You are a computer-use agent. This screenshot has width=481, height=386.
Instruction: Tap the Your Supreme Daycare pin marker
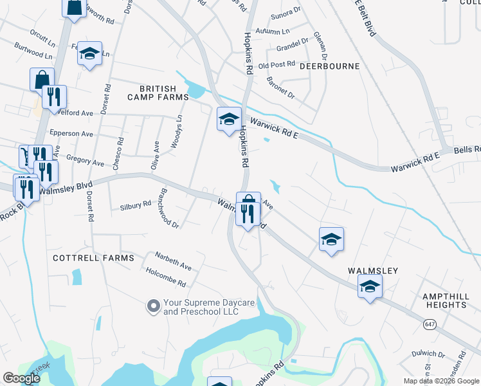(x=153, y=306)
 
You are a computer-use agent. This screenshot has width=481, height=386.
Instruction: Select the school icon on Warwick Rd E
(x=228, y=119)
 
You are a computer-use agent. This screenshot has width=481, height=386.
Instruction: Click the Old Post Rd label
(x=276, y=65)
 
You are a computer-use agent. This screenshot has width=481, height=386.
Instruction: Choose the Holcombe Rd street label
(x=166, y=278)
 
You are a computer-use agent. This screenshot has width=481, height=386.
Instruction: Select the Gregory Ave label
(x=85, y=161)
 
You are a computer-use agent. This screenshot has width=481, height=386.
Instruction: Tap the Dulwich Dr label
(x=428, y=354)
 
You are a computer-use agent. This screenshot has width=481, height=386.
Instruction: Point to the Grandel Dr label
(x=292, y=47)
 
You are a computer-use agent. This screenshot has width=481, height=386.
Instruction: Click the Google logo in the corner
(x=22, y=378)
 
